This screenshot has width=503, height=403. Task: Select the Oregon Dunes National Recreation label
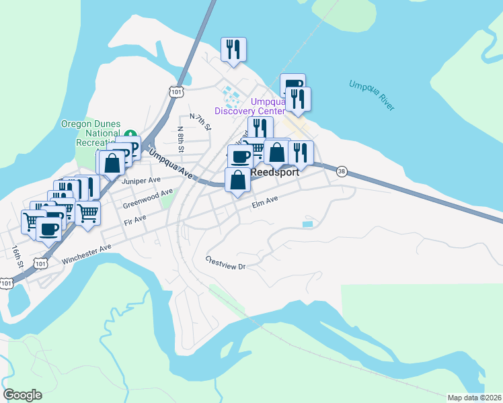pos(91,134)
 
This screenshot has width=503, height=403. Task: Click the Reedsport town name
pos(274,173)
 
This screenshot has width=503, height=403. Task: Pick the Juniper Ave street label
pos(141,181)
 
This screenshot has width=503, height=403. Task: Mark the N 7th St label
pos(200,122)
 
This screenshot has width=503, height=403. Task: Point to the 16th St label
pos(17,255)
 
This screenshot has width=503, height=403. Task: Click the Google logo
pos(22,395)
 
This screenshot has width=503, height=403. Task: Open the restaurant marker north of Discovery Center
pos(233,49)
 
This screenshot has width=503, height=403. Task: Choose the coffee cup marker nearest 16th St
pos(48,229)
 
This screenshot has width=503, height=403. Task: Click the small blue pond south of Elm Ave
pos(307,224)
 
